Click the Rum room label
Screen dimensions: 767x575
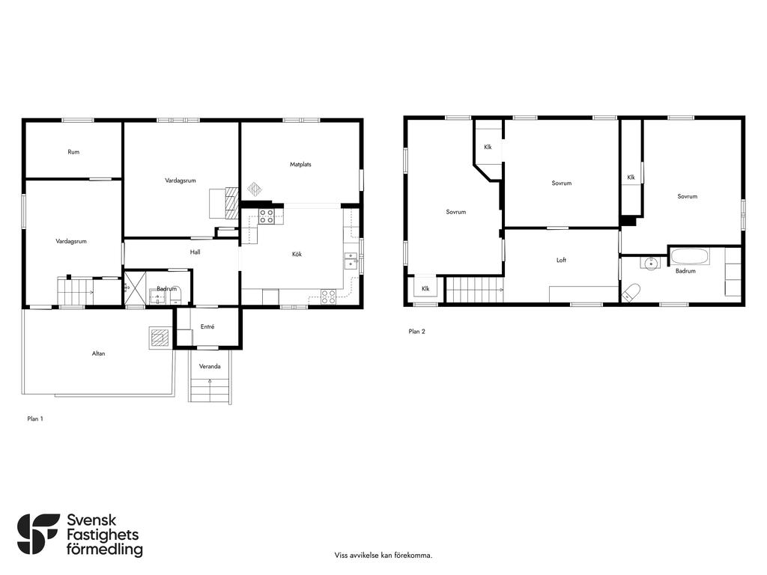tap(73, 152)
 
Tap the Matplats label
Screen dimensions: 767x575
tap(300, 164)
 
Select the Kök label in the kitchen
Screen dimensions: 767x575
tap(297, 255)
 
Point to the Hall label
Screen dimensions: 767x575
tap(195, 252)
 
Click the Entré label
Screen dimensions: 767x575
tap(207, 326)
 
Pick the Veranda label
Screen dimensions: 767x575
tap(210, 366)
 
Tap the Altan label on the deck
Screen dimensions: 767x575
tap(98, 353)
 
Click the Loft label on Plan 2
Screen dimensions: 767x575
tap(561, 260)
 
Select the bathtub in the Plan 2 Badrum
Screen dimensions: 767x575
tap(690, 257)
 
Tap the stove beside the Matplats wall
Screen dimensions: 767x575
tap(267, 216)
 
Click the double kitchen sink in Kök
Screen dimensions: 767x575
tap(351, 261)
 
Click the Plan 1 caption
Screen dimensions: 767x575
tap(35, 419)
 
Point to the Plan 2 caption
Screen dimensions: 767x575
tap(416, 332)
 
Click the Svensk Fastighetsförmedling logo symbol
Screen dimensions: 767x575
tap(38, 534)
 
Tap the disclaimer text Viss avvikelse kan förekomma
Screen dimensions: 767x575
tap(383, 556)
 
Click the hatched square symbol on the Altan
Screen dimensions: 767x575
tap(160, 338)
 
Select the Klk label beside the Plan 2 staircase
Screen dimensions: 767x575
tap(425, 289)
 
